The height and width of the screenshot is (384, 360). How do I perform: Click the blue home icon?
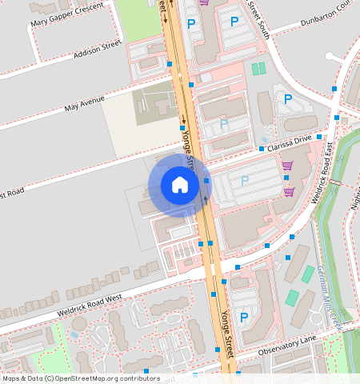point(180,186)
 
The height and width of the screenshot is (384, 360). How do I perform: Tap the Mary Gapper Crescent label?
point(67,15)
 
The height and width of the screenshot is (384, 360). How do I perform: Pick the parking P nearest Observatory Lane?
point(244,318)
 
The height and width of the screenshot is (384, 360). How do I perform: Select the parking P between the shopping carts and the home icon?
point(245,181)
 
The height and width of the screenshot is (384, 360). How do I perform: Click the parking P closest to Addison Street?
point(190,25)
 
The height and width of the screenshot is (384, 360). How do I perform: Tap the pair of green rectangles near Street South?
point(258,69)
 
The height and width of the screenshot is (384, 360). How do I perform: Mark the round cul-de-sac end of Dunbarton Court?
point(331,56)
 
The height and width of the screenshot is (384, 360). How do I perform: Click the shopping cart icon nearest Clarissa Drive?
point(286,166)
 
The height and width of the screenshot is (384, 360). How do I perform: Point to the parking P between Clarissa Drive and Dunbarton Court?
point(287,99)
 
